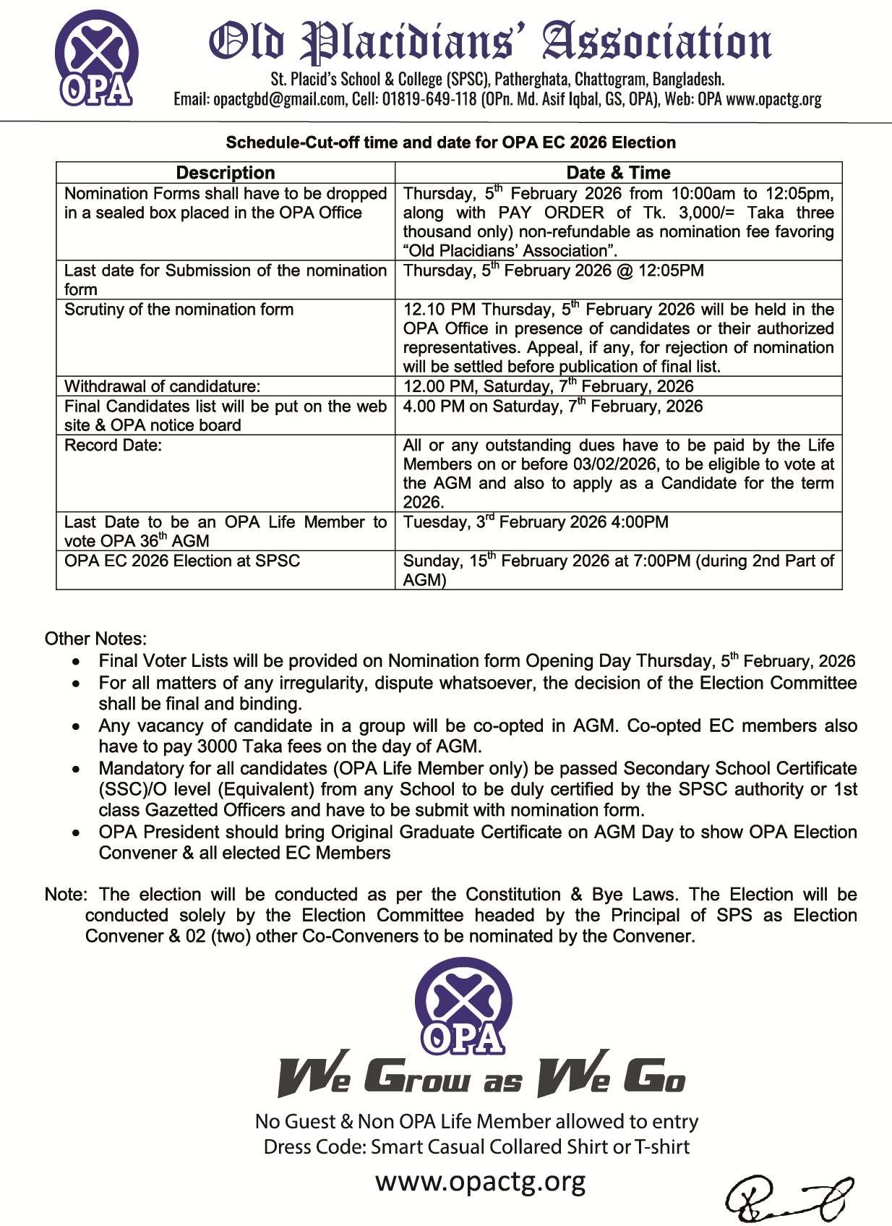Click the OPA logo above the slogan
tap(463, 1006)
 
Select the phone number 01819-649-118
tap(429, 100)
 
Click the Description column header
tap(226, 173)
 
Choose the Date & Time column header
tap(618, 173)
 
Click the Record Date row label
tap(113, 446)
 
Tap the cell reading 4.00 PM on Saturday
tap(552, 406)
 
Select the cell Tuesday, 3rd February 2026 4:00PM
tap(536, 522)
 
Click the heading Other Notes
tap(95, 639)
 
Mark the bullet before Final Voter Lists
tap(77, 662)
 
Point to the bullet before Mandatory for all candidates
tap(77, 769)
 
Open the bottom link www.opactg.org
tap(480, 1182)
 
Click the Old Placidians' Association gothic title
tap(490, 43)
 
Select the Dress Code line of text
tap(476, 1147)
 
